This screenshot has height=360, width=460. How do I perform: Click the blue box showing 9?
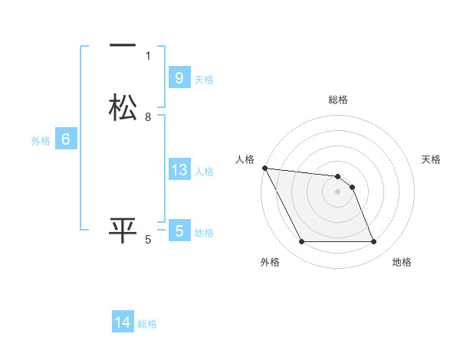[x=179, y=78]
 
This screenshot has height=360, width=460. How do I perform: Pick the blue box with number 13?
[x=179, y=170]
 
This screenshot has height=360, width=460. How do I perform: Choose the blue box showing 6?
[x=65, y=139]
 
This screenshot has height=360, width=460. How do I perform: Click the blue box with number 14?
[x=123, y=322]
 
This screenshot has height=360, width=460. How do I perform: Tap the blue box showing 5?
[x=179, y=231]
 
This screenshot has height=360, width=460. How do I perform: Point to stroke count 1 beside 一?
[x=148, y=55]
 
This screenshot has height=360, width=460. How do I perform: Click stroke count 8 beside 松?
[x=148, y=116]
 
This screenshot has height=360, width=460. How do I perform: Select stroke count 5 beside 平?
[x=148, y=239]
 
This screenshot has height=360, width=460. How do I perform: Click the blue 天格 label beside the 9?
[x=204, y=80]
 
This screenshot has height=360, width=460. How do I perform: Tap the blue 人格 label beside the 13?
[x=204, y=172]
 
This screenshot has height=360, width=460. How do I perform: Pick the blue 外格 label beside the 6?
[x=41, y=141]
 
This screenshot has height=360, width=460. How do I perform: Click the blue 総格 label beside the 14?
[x=147, y=324]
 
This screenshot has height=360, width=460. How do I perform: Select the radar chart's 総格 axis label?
[x=338, y=100]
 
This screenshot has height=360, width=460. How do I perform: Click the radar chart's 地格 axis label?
[x=402, y=263]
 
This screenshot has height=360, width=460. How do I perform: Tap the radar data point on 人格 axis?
[x=264, y=168]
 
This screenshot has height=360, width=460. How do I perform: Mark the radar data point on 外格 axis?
[x=301, y=242]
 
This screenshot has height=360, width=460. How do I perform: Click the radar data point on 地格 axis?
[x=374, y=242]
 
